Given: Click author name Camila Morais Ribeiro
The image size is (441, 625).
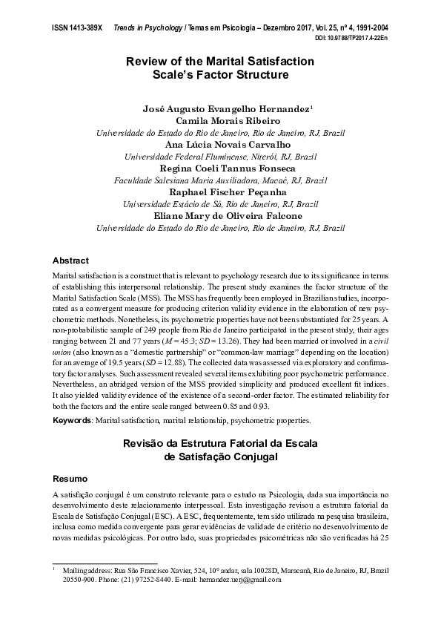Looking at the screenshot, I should pos(220,120).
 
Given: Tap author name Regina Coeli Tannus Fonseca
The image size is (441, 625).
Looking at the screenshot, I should pos(220,168).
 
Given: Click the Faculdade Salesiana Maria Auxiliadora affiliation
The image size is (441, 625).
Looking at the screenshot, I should pos(220,180).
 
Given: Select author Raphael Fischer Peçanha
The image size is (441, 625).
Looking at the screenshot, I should pos(220,192).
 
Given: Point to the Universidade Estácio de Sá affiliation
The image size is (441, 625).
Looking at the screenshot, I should pos(220,203).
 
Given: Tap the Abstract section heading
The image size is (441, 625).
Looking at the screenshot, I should pos(71,261).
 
